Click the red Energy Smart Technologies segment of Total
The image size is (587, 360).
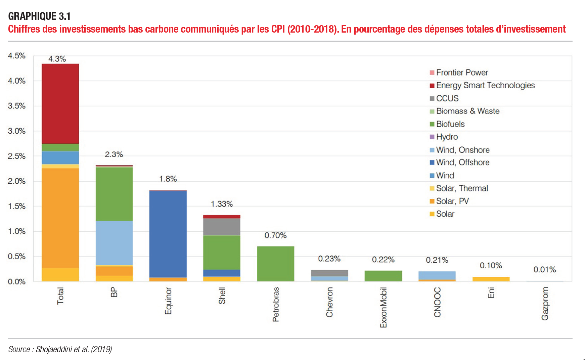coord(60,103)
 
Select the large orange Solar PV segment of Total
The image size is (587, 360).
coord(60,218)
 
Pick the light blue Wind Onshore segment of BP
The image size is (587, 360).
coord(114,243)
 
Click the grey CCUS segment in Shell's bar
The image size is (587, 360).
coord(222,227)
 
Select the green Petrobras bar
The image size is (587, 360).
coord(275,264)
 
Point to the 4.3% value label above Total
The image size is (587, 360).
coord(57,59)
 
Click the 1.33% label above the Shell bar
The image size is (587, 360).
coord(222,204)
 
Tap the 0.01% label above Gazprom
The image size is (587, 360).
coord(544,269)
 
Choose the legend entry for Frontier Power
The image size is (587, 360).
coord(462,73)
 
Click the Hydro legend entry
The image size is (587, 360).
coord(447,137)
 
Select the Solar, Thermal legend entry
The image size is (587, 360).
coord(462,188)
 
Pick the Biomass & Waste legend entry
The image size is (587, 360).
coord(467,111)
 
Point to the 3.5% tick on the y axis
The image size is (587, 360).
coord(17,106)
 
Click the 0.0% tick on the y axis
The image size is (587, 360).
coord(17,281)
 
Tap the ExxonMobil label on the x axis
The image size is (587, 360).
coord(383,307)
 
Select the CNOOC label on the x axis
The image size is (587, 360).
coord(437,302)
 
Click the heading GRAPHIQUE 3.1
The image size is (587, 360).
coord(39,16)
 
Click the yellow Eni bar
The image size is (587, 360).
coord(491,279)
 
